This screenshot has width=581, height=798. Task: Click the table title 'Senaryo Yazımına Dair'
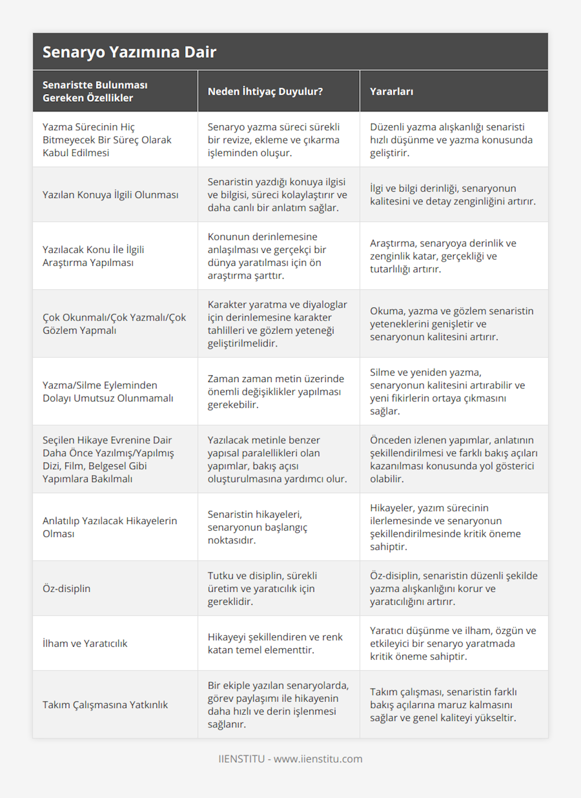point(129,52)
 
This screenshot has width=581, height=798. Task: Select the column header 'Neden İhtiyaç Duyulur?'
point(265,92)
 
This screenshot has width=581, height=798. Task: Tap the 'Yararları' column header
point(391,92)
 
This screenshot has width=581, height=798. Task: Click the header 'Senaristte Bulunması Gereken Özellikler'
point(95,92)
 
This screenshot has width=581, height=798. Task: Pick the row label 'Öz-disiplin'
point(66,588)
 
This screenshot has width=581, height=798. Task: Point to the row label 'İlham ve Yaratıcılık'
point(85,643)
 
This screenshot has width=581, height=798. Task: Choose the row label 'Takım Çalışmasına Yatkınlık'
point(105,705)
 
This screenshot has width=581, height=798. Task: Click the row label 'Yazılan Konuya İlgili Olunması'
point(110,195)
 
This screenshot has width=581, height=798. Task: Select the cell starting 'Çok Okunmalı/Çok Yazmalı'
point(114,323)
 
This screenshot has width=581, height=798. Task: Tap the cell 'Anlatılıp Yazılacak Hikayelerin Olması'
point(110,527)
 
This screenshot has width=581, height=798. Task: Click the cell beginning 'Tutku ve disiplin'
point(262,588)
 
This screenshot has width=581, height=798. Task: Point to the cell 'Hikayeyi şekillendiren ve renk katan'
point(275,643)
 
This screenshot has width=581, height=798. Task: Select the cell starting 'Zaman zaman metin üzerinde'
point(275,391)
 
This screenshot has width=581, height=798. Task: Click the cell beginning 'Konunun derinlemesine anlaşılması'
point(267,256)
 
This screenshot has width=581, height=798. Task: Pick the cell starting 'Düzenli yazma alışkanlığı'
point(451,139)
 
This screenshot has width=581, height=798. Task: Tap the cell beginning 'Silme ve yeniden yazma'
point(447,391)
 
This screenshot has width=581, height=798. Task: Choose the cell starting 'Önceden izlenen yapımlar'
point(453,459)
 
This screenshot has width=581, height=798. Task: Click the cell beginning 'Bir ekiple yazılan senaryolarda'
point(278,705)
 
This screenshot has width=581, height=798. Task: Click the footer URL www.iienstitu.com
point(318,759)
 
